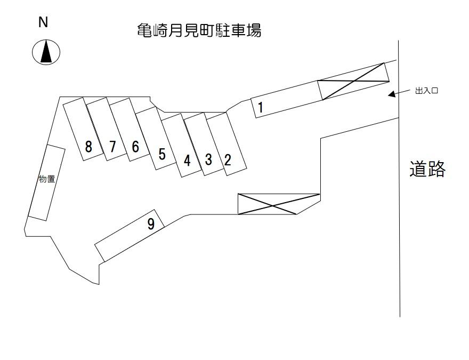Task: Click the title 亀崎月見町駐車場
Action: click(199, 31)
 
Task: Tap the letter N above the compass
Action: click(44, 22)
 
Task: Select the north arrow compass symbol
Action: click(46, 52)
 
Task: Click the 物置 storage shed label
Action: click(47, 179)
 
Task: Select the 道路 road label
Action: click(427, 169)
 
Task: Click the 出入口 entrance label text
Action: click(426, 91)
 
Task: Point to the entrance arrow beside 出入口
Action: click(395, 94)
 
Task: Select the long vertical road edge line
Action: click(400, 213)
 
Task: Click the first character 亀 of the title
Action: click(144, 31)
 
